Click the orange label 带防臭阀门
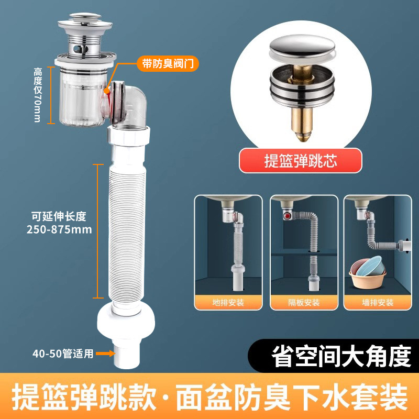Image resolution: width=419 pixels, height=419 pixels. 168,63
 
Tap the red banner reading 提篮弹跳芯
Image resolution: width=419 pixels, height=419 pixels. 300,160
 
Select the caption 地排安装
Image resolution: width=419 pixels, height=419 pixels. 228,303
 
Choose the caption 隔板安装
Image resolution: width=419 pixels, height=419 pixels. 304,303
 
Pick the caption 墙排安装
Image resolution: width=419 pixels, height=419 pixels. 377,303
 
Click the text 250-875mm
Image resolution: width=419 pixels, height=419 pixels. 59,229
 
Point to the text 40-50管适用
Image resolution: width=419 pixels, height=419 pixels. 63,354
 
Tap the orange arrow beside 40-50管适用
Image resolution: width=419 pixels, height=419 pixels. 105,354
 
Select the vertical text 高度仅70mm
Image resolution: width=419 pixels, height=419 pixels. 38,95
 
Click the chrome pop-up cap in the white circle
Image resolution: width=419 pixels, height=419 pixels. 302,48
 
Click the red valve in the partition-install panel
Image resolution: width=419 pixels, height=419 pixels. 287,215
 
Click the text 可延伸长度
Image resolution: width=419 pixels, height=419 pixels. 59,216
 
